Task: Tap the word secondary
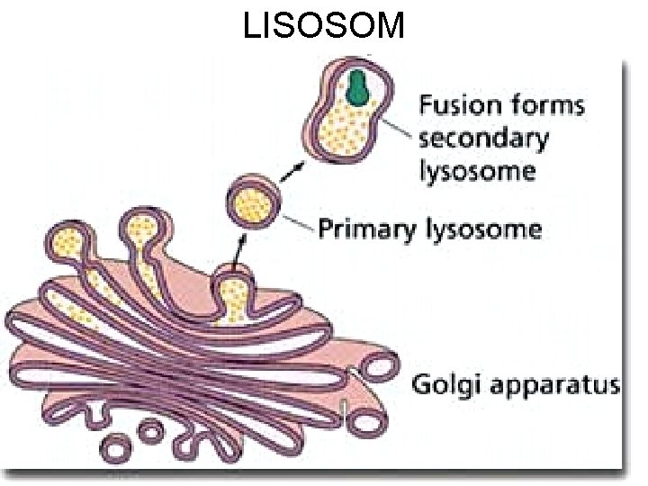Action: point(482,139)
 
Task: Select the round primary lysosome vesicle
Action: point(253,203)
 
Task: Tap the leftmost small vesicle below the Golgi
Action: point(119,447)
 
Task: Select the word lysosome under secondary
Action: point(477,171)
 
